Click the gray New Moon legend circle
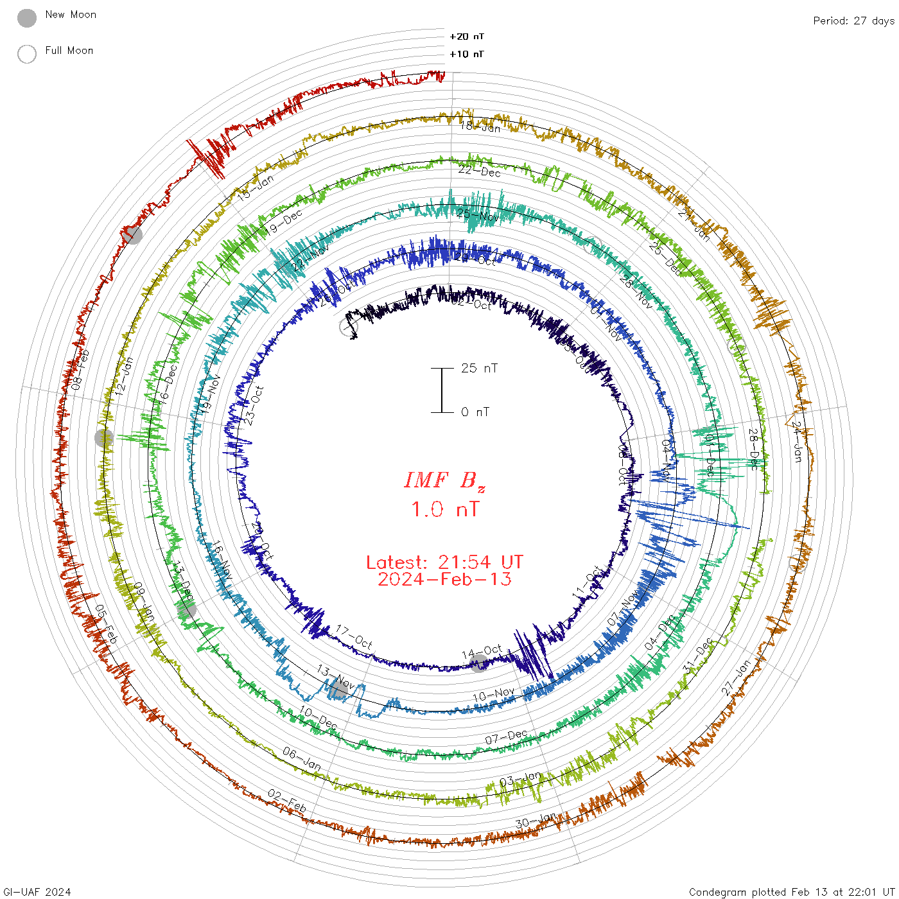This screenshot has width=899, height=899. (x=27, y=19)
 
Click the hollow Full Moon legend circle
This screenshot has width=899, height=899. (x=27, y=54)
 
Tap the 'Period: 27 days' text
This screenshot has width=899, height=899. (x=853, y=21)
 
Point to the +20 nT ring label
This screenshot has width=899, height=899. (x=467, y=37)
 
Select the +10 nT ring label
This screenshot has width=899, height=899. (x=467, y=54)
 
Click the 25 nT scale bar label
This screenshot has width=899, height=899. (x=479, y=368)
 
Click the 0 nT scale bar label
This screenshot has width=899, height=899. (x=475, y=412)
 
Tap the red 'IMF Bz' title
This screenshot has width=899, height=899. (x=444, y=480)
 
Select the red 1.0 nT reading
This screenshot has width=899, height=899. (x=444, y=510)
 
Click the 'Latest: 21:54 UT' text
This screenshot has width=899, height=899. (x=444, y=563)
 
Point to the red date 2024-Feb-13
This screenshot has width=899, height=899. (x=444, y=579)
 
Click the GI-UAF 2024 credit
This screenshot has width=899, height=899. (x=37, y=892)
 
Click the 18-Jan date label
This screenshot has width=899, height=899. (x=480, y=127)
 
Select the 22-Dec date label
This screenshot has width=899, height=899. (x=480, y=171)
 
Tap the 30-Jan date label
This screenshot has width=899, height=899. (x=536, y=821)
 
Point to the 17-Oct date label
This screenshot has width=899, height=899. (x=354, y=637)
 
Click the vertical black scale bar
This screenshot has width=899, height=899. (x=442, y=390)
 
